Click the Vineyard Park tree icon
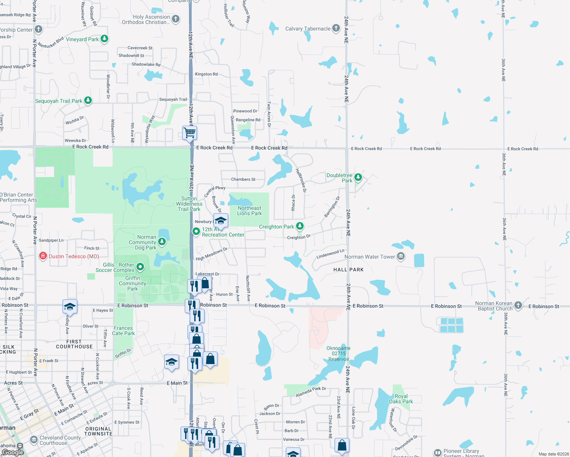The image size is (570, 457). [104, 39]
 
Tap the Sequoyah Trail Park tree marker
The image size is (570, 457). [88, 101]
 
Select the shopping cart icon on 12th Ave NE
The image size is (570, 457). [189, 133]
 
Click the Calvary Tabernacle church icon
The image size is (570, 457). [336, 28]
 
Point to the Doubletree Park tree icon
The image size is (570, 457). [358, 177]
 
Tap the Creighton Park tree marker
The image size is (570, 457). [300, 226]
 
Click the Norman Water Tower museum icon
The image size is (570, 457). [400, 256]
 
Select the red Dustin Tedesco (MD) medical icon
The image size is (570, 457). [43, 256]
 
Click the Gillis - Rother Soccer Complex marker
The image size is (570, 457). [140, 267]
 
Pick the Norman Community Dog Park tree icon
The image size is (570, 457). [162, 241]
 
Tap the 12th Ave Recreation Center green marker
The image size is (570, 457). [196, 232]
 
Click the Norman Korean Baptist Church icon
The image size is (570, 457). [518, 305]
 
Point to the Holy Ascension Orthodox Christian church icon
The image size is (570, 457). [176, 19]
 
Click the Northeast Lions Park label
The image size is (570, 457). [249, 211]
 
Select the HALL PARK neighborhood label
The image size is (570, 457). [348, 270]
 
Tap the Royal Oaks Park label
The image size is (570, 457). [401, 399]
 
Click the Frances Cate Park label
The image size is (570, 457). [123, 331]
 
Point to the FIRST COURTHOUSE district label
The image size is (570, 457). [74, 344]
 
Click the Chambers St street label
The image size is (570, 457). [243, 179]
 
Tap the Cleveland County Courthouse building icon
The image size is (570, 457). [34, 440]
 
